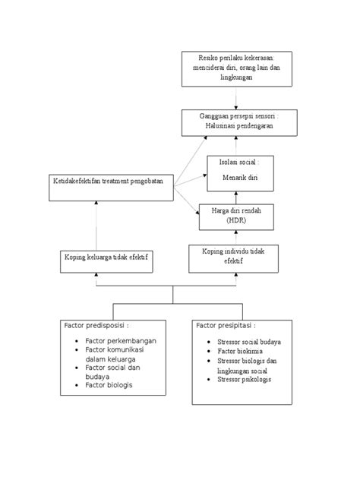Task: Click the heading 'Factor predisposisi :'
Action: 96,325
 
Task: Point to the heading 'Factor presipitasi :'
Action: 226,325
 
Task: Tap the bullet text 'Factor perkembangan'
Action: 121,341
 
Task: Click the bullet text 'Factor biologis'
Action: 109,385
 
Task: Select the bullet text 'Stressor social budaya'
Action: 249,342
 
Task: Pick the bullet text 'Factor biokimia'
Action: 240,351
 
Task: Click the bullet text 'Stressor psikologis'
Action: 244,379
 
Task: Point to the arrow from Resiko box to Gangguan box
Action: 236,98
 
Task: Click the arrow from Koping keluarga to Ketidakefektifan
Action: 96,226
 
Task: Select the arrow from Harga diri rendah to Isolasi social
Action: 236,197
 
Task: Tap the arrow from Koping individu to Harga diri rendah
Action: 236,238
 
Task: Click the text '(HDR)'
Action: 236,220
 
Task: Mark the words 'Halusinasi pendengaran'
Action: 239,126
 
